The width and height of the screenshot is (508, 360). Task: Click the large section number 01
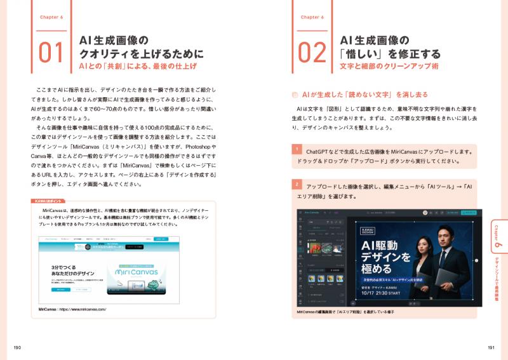pyautogui.click(x=51, y=53)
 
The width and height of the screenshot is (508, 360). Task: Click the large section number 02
pyautogui.click(x=312, y=53)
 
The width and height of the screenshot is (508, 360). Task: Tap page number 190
pyautogui.click(x=18, y=347)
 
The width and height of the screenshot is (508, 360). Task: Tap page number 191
pyautogui.click(x=490, y=347)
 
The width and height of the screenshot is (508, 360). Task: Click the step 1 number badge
pyautogui.click(x=296, y=149)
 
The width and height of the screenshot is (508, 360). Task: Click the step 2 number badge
pyautogui.click(x=296, y=184)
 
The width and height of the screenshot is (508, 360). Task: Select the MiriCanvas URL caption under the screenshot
pyautogui.click(x=72, y=309)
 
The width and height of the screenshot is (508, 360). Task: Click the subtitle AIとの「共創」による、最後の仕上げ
pyautogui.click(x=137, y=66)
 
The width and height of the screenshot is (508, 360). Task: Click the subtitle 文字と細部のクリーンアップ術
pyautogui.click(x=389, y=66)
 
